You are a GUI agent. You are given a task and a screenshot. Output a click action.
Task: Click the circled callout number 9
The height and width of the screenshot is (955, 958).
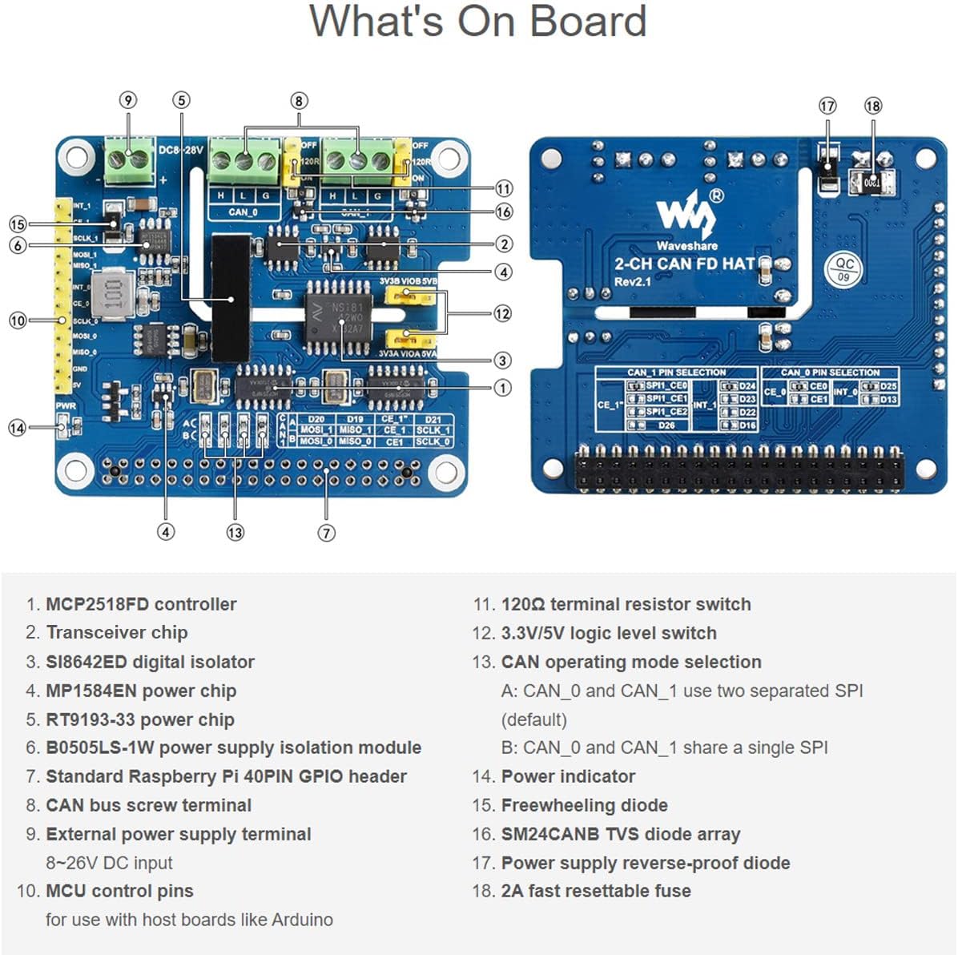tap(128, 100)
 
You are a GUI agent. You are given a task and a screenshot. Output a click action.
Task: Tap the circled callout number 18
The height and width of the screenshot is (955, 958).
tap(873, 106)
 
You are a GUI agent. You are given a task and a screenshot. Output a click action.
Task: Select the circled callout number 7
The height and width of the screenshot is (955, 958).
tap(326, 533)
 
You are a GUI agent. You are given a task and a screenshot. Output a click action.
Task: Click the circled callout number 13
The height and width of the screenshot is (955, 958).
tap(235, 533)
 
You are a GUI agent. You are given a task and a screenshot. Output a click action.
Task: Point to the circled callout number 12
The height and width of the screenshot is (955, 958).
tap(502, 313)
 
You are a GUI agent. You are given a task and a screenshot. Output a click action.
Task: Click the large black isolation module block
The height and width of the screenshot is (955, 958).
tap(231, 298)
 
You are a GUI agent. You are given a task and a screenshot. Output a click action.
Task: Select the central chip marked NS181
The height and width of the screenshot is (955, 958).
tap(336, 316)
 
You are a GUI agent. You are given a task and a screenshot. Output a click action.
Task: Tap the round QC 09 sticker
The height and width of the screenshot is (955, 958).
tap(844, 268)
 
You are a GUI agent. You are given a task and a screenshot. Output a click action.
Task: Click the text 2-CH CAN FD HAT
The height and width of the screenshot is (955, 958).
tap(684, 264)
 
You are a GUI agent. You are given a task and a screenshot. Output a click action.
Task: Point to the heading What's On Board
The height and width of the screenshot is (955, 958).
tap(478, 22)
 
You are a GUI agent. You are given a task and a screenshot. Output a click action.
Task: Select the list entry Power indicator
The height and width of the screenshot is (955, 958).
tap(567, 776)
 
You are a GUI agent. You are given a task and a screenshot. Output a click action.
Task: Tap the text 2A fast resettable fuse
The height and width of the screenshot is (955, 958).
tap(595, 891)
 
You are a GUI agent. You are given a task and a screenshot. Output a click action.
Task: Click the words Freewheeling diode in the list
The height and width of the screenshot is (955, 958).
tap(584, 805)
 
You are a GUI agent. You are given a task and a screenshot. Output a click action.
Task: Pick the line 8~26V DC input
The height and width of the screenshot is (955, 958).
tap(109, 863)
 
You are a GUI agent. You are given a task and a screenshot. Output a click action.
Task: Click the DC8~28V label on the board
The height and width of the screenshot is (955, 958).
tap(181, 150)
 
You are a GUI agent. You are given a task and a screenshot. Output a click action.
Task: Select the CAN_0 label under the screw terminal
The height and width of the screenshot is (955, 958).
tap(244, 212)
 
